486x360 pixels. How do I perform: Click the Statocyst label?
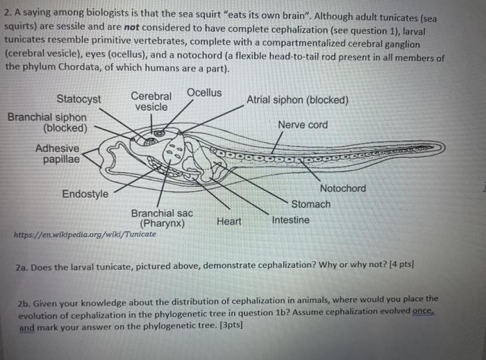pos(78,99)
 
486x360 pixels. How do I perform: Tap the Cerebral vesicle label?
pos(151,101)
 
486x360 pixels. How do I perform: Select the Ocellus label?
pos(204,92)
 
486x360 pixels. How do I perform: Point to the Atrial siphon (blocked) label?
pos(297,100)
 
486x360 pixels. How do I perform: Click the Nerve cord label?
pos(303,125)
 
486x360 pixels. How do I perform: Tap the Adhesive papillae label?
pos(58,154)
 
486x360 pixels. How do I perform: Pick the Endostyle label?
pos(85,194)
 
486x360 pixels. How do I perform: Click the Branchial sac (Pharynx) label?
pos(162,218)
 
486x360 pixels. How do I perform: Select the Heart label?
pos(229,221)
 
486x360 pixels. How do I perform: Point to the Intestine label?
pos(291,220)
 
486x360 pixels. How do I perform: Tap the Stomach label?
pos(310,205)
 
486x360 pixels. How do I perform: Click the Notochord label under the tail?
pos(343,189)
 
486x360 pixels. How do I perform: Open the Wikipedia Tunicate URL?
pos(85,234)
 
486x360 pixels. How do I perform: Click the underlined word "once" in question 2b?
pos(424,311)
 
